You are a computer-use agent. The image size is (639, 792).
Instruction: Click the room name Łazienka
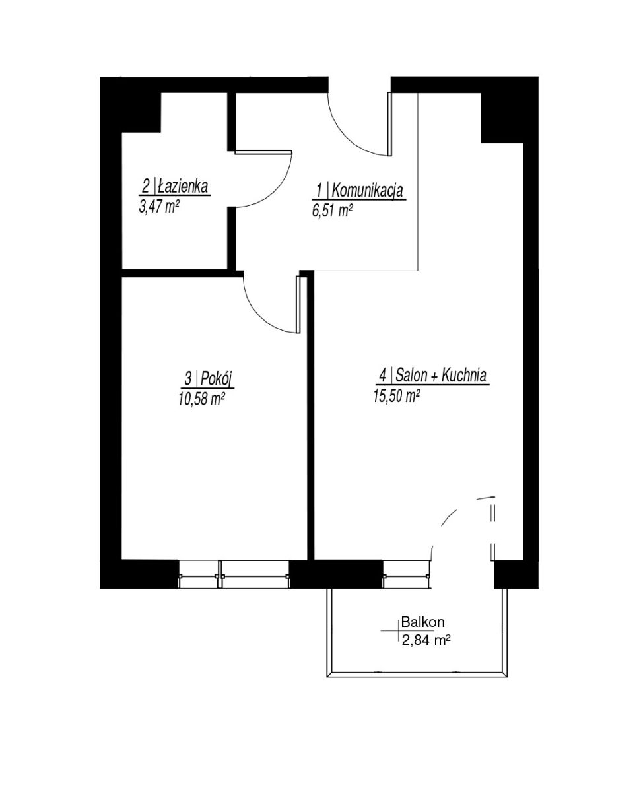(x=183, y=186)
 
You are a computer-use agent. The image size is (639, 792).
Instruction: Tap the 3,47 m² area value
(x=159, y=207)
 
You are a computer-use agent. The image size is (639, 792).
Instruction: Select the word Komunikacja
(x=367, y=191)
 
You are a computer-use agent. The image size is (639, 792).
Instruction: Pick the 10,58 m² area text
(x=202, y=399)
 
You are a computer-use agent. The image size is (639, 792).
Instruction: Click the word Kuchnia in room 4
(x=464, y=376)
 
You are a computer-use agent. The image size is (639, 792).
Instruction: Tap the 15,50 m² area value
(x=397, y=396)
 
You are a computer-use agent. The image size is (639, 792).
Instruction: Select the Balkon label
(x=423, y=622)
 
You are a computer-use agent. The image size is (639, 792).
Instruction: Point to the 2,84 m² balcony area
(x=426, y=641)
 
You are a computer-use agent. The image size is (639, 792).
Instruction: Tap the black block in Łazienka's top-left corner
(x=141, y=112)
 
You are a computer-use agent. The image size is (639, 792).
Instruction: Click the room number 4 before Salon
(x=383, y=376)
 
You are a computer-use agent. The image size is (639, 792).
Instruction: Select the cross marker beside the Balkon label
(x=399, y=631)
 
